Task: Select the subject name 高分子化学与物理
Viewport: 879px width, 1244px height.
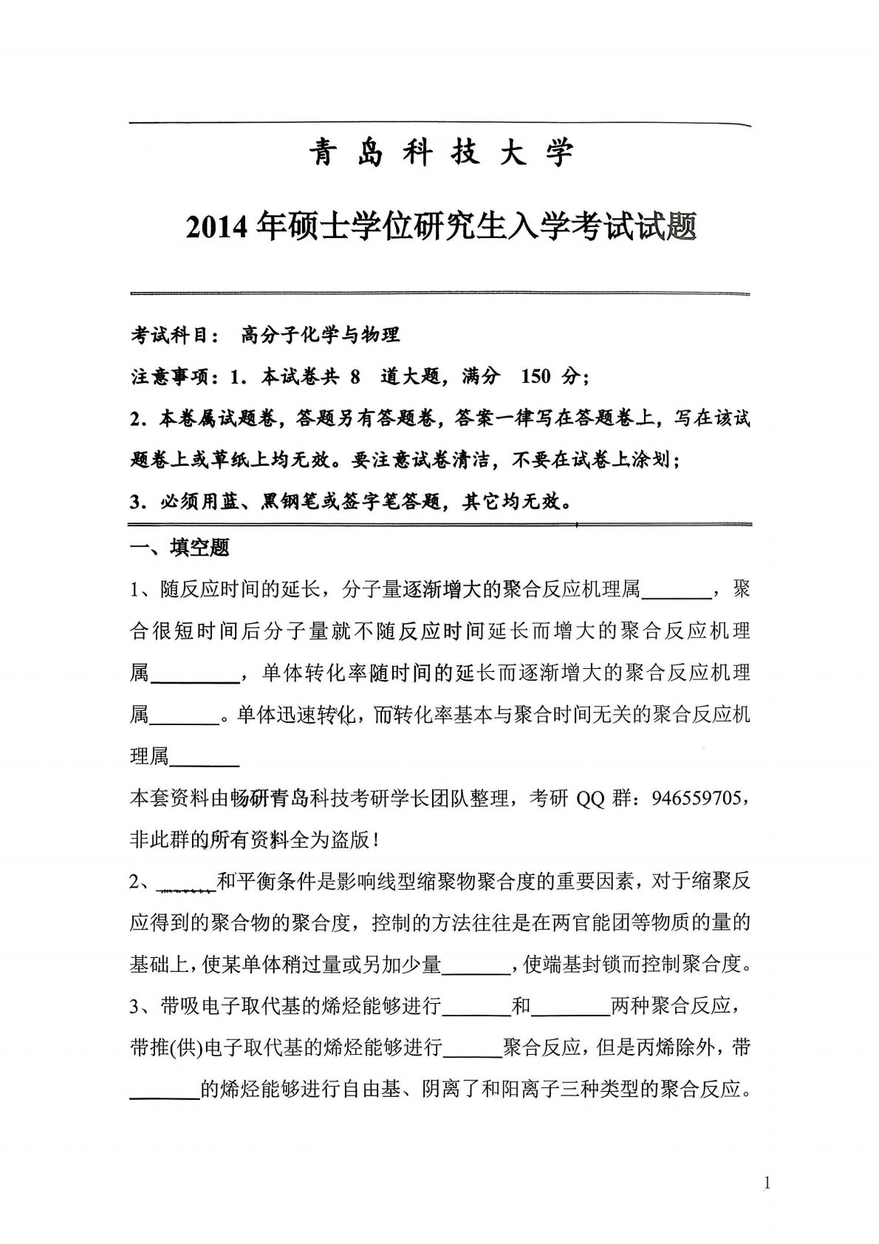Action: (x=320, y=335)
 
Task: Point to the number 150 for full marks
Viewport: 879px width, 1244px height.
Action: (x=536, y=377)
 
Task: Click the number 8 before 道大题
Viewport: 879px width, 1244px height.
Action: (x=355, y=377)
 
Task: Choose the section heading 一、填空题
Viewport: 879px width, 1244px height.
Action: (x=179, y=548)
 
